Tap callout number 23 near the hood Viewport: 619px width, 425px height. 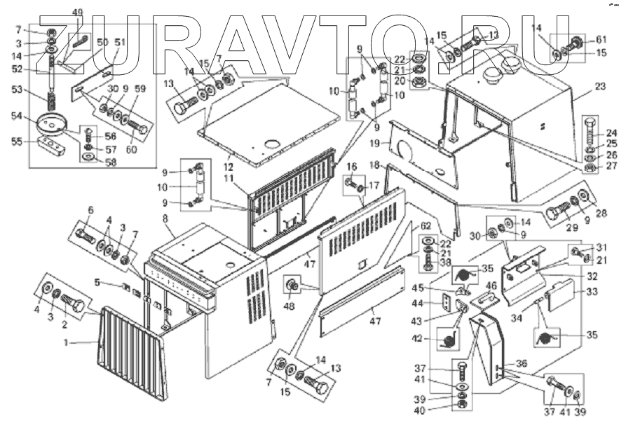click(599, 88)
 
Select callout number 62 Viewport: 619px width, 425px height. click(425, 226)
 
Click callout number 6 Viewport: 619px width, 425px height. click(90, 210)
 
